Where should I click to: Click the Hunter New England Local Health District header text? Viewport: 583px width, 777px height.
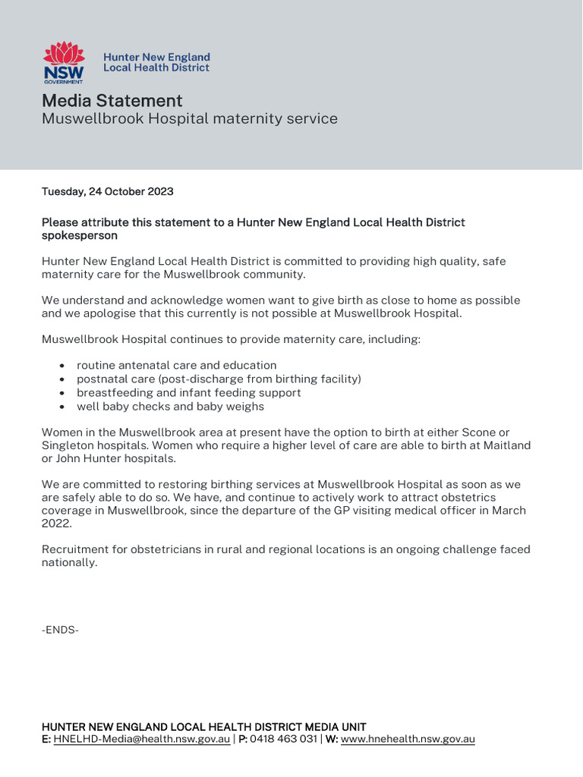[156, 62]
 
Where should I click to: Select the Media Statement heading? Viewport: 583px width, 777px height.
[112, 101]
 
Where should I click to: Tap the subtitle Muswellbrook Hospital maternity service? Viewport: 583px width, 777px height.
[189, 119]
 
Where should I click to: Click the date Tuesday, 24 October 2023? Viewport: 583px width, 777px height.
[107, 192]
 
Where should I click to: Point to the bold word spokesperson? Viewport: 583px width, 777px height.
[79, 236]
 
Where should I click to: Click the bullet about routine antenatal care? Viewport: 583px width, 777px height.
[176, 366]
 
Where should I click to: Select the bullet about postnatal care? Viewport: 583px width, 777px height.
[219, 379]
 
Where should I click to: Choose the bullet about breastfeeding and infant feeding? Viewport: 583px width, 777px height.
[188, 393]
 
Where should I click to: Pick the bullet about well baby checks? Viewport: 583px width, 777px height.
[170, 407]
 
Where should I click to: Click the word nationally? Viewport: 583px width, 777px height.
[69, 563]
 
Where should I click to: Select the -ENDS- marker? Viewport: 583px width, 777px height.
[60, 630]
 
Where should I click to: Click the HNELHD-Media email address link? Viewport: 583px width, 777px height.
[141, 739]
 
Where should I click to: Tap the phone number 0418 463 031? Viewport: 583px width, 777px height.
[282, 739]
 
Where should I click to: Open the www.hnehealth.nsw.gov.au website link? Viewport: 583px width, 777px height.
[408, 739]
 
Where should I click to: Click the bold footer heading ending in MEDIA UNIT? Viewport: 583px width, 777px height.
[203, 727]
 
